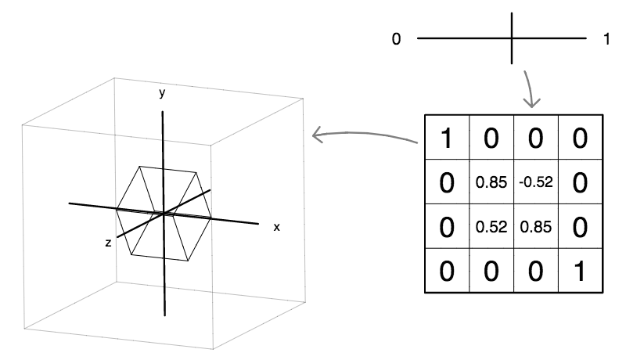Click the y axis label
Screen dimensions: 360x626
162,93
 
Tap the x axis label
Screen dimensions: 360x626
276,227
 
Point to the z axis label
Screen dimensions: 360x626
108,243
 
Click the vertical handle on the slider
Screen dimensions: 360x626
513,38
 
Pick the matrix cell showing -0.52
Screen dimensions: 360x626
536,183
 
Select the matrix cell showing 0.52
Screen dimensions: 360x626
491,227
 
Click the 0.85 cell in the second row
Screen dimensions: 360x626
491,183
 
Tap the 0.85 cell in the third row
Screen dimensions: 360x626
536,227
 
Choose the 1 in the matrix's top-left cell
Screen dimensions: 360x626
447,139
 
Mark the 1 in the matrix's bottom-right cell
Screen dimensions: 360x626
580,271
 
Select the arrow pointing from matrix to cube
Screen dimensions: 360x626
364,136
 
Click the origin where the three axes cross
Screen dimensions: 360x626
163,212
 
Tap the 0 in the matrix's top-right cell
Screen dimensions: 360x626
580,139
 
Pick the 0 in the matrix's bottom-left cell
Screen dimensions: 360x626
447,271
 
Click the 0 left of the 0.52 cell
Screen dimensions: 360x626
447,227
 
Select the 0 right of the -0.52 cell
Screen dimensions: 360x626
580,183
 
